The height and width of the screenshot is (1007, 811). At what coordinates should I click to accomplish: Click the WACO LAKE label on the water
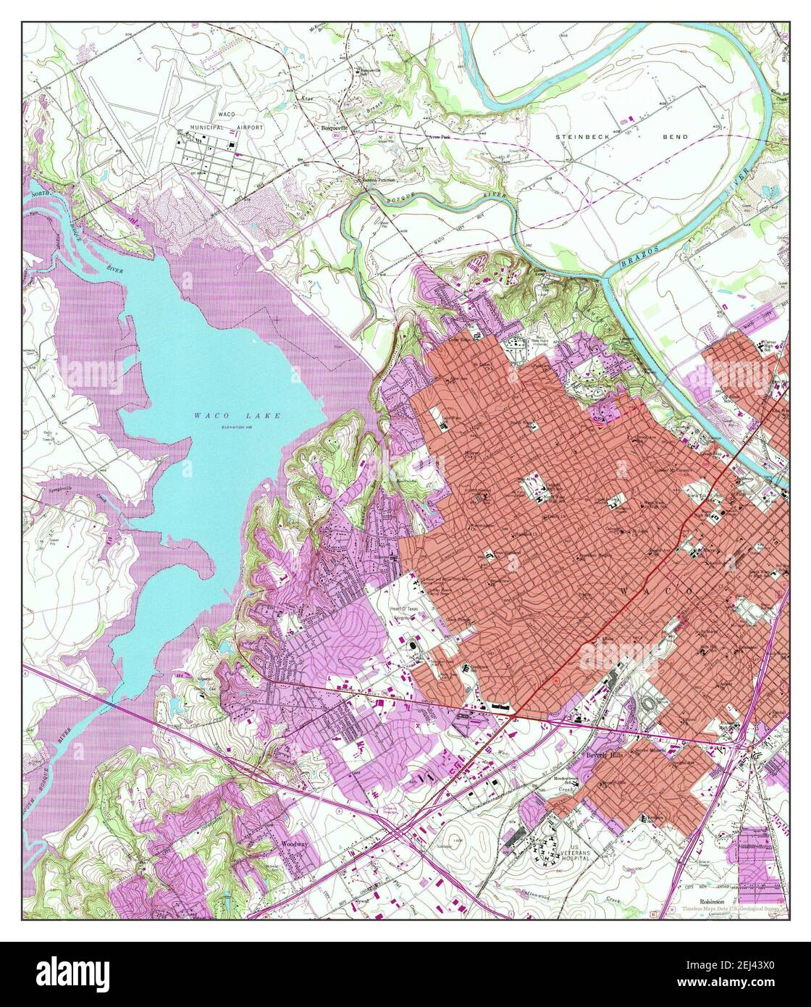[237, 416]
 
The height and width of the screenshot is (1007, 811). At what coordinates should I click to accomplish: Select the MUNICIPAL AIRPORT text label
[227, 127]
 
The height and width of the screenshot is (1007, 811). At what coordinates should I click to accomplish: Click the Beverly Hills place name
[605, 756]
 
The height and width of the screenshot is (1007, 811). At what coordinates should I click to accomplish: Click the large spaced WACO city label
[663, 593]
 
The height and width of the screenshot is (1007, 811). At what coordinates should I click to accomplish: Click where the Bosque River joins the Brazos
[603, 275]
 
